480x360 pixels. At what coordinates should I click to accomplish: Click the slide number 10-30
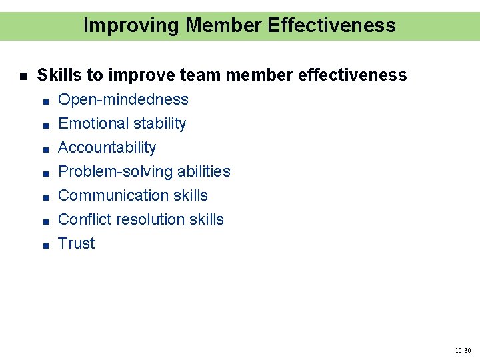coord(463,350)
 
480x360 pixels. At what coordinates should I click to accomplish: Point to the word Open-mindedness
coord(123,99)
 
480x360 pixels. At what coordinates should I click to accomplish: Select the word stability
coord(159,123)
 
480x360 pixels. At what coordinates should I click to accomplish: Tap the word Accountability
coord(107,147)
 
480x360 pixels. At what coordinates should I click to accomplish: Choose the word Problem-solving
coord(115,171)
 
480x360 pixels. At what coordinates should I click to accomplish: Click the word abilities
coord(203,171)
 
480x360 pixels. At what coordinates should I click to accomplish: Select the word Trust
coord(77,243)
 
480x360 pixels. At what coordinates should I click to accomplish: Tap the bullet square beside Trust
coord(43,245)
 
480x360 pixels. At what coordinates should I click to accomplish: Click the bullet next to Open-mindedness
coord(43,101)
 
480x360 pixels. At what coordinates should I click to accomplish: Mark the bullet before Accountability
coord(43,149)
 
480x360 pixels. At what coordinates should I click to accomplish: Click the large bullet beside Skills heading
coord(23,76)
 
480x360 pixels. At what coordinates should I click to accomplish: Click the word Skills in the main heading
coord(56,75)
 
